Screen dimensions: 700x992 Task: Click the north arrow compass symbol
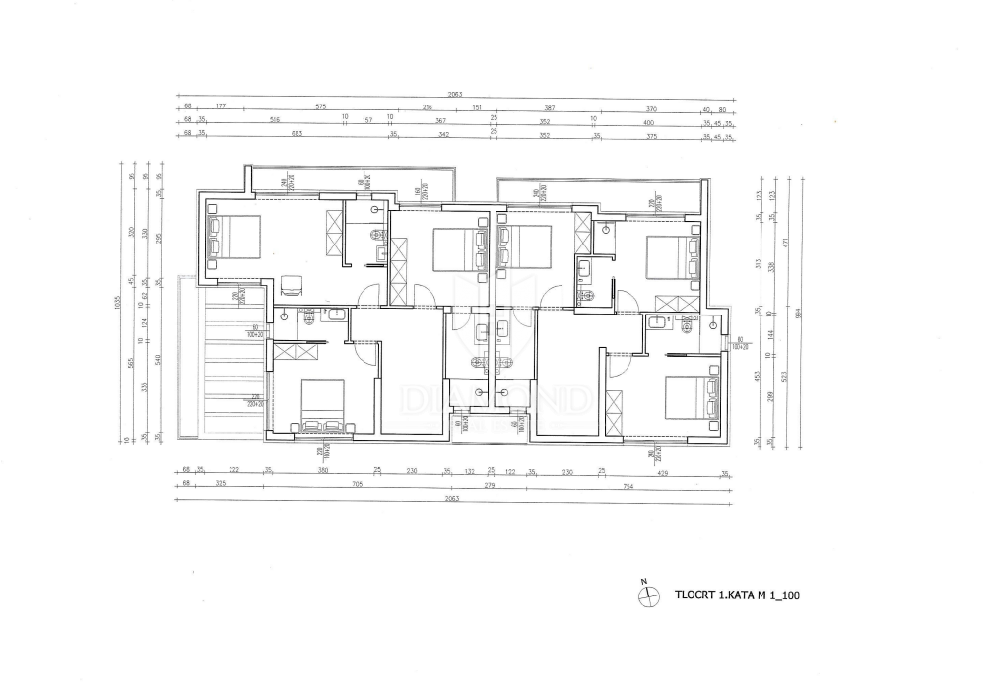click(648, 595)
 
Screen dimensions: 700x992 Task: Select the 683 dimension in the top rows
click(295, 135)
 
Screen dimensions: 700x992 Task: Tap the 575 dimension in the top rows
click(320, 107)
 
